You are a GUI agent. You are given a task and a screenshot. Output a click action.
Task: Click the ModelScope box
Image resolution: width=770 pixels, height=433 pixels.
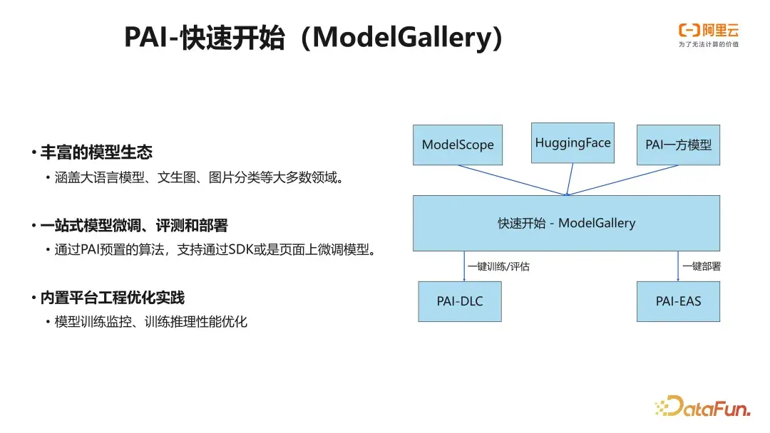(458, 145)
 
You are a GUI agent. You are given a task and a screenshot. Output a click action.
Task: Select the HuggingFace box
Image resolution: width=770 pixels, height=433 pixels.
(573, 142)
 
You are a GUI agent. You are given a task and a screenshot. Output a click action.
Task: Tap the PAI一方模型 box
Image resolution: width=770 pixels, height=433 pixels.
(678, 145)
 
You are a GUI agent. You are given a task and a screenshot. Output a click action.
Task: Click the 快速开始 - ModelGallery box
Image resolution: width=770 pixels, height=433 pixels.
(566, 223)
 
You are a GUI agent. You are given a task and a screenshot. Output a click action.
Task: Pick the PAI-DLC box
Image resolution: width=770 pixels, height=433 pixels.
(459, 301)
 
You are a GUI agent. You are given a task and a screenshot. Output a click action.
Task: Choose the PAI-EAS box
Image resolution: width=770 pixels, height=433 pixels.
(678, 301)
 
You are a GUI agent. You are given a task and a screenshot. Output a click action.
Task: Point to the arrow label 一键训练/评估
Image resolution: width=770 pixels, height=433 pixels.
(498, 267)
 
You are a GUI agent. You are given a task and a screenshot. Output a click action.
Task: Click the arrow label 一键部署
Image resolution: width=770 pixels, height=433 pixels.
(702, 267)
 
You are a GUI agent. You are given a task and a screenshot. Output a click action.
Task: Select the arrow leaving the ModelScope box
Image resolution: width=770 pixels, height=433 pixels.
(512, 179)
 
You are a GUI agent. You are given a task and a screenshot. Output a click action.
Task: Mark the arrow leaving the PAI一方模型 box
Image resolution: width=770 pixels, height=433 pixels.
(623, 179)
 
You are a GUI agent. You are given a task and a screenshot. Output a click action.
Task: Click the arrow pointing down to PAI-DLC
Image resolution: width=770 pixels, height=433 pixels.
(464, 266)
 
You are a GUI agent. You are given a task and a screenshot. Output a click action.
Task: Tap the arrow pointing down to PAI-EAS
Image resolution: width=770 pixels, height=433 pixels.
(678, 266)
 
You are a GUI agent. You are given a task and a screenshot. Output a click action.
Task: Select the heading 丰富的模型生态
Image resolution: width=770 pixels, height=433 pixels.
(96, 152)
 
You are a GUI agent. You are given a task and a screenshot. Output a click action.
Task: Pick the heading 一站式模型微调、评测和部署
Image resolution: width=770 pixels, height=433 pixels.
(134, 226)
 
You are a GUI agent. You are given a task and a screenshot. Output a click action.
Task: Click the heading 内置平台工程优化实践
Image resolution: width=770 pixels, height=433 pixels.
(112, 298)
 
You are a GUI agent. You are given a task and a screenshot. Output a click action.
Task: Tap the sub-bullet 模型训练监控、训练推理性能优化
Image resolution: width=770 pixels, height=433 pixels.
(150, 322)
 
